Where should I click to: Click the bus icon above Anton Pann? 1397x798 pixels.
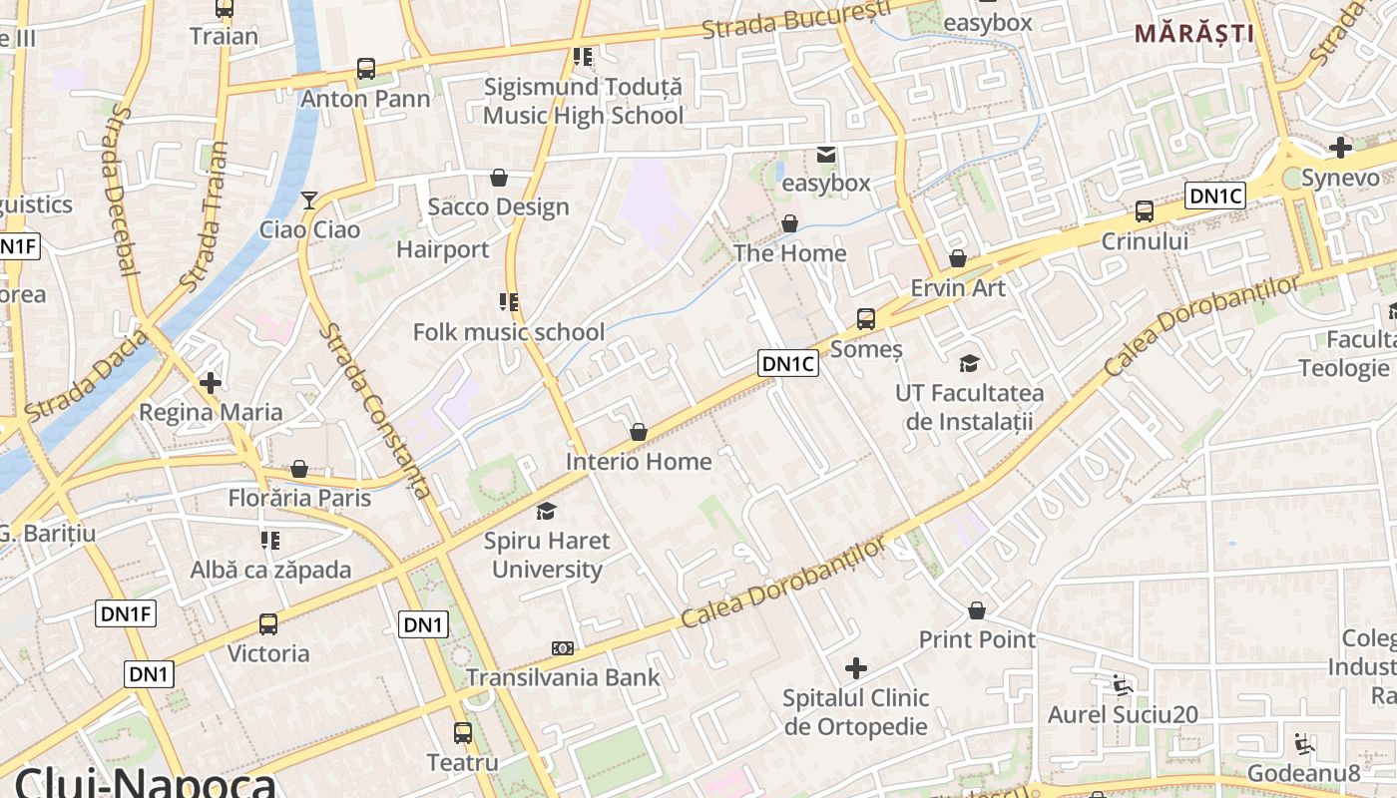[366, 69]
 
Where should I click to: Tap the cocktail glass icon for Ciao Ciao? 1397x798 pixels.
[309, 200]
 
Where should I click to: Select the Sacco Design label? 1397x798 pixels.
[498, 206]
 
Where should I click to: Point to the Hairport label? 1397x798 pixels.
[443, 249]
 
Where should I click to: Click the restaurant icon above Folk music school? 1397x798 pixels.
[509, 301]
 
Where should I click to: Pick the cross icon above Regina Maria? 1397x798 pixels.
[211, 382]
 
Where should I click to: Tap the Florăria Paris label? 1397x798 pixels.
[299, 497]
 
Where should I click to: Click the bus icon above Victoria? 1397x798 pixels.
[268, 624]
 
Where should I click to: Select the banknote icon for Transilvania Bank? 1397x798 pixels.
[563, 648]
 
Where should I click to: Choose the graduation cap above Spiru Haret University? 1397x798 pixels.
[546, 511]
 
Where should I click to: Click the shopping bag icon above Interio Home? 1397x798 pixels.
[639, 432]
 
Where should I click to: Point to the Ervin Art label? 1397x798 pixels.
[958, 287]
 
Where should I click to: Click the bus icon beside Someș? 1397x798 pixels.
[866, 319]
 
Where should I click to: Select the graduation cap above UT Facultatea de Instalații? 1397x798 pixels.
[969, 363]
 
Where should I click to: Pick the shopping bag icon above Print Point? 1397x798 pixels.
[977, 609]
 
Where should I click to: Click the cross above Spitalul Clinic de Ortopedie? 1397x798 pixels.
[856, 667]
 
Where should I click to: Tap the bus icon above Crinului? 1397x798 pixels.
[1145, 211]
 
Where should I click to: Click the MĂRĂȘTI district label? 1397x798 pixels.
[1193, 33]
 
